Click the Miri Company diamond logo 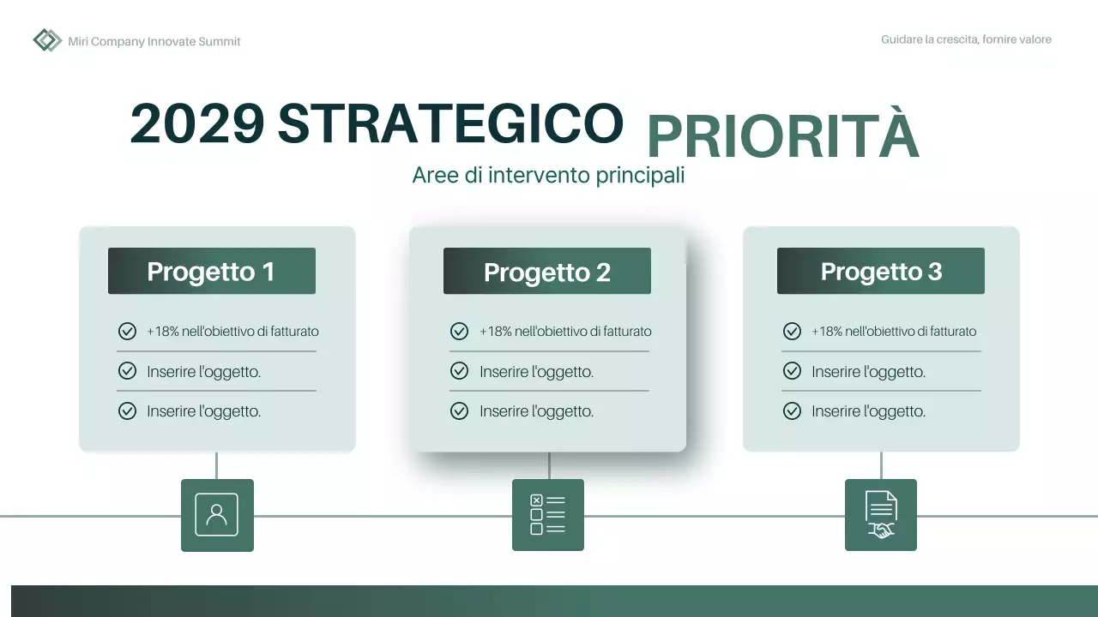click(47, 40)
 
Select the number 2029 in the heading click(197, 123)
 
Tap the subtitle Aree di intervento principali click(548, 175)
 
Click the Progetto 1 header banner click(211, 272)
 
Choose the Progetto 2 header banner click(546, 272)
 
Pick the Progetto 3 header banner click(880, 272)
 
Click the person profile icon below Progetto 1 click(217, 515)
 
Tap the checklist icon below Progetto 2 click(547, 515)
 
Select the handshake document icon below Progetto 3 click(880, 515)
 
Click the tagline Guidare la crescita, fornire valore click(966, 39)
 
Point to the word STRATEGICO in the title click(450, 123)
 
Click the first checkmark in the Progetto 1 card click(127, 332)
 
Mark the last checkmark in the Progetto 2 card click(459, 411)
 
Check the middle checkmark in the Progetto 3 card click(792, 372)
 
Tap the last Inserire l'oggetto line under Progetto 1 click(203, 411)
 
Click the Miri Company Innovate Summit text click(154, 41)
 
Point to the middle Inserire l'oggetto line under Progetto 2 click(536, 372)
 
